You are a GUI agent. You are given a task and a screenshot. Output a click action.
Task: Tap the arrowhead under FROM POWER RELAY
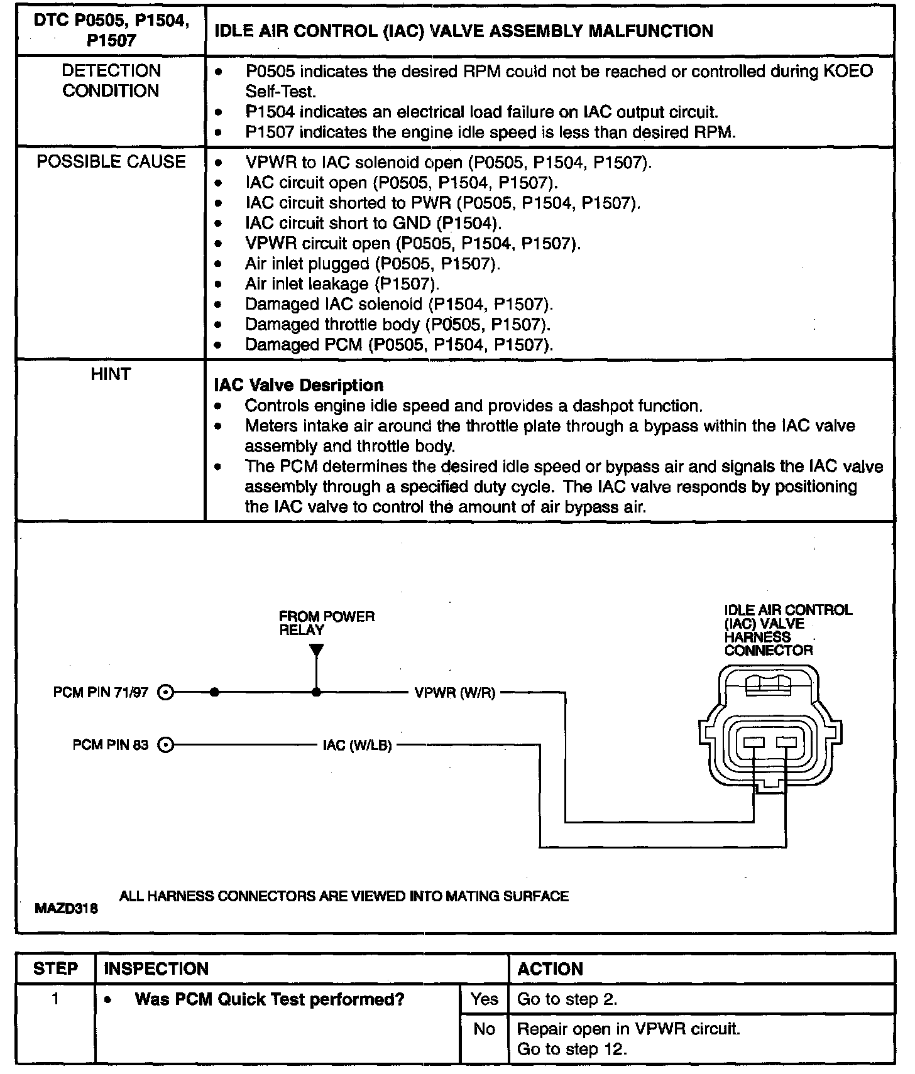317,649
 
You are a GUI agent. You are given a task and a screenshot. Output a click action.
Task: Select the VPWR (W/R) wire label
455,693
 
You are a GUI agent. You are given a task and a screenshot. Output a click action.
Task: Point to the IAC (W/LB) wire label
357,746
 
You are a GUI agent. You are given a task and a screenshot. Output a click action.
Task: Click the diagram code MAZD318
67,908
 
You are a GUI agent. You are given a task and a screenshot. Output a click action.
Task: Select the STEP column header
56,968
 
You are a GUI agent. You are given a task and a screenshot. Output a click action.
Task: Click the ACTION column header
551,969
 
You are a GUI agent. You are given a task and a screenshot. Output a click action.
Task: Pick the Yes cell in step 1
484,999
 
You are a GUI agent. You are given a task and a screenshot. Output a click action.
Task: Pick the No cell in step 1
484,1029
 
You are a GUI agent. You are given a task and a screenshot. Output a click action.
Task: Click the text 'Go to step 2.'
567,999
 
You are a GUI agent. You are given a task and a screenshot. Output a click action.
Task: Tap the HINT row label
111,374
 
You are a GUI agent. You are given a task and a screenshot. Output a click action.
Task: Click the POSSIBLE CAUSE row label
111,162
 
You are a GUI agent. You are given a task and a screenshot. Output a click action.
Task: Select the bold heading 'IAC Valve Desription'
299,385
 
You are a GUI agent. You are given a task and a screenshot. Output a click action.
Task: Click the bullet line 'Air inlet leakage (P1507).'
342,284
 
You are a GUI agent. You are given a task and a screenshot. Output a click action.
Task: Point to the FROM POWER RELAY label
327,623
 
